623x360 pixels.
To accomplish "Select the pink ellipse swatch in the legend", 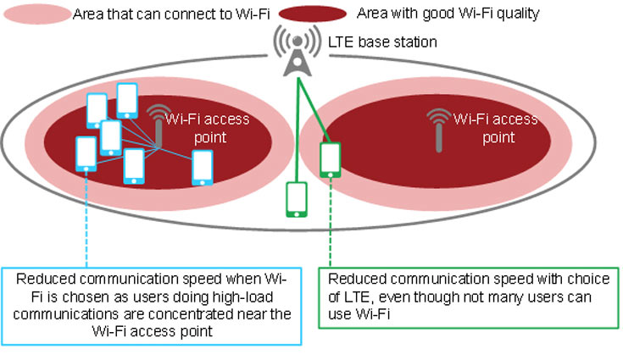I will pyautogui.click(x=35, y=14).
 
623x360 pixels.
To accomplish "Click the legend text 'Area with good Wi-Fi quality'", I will pyautogui.click(x=448, y=14).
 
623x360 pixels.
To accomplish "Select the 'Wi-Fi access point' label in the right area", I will pyautogui.click(x=496, y=127).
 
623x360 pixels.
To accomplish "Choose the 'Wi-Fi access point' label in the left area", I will pyautogui.click(x=209, y=127).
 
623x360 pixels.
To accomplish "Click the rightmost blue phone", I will pyautogui.click(x=202, y=168).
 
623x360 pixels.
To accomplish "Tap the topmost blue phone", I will pyautogui.click(x=127, y=100).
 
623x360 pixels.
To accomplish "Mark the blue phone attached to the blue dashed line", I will pyautogui.click(x=86, y=156).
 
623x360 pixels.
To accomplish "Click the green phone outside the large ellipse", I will pyautogui.click(x=296, y=200).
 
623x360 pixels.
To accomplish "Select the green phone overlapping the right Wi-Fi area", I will pyautogui.click(x=330, y=160).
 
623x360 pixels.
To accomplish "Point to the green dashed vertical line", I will pyautogui.click(x=330, y=222).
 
